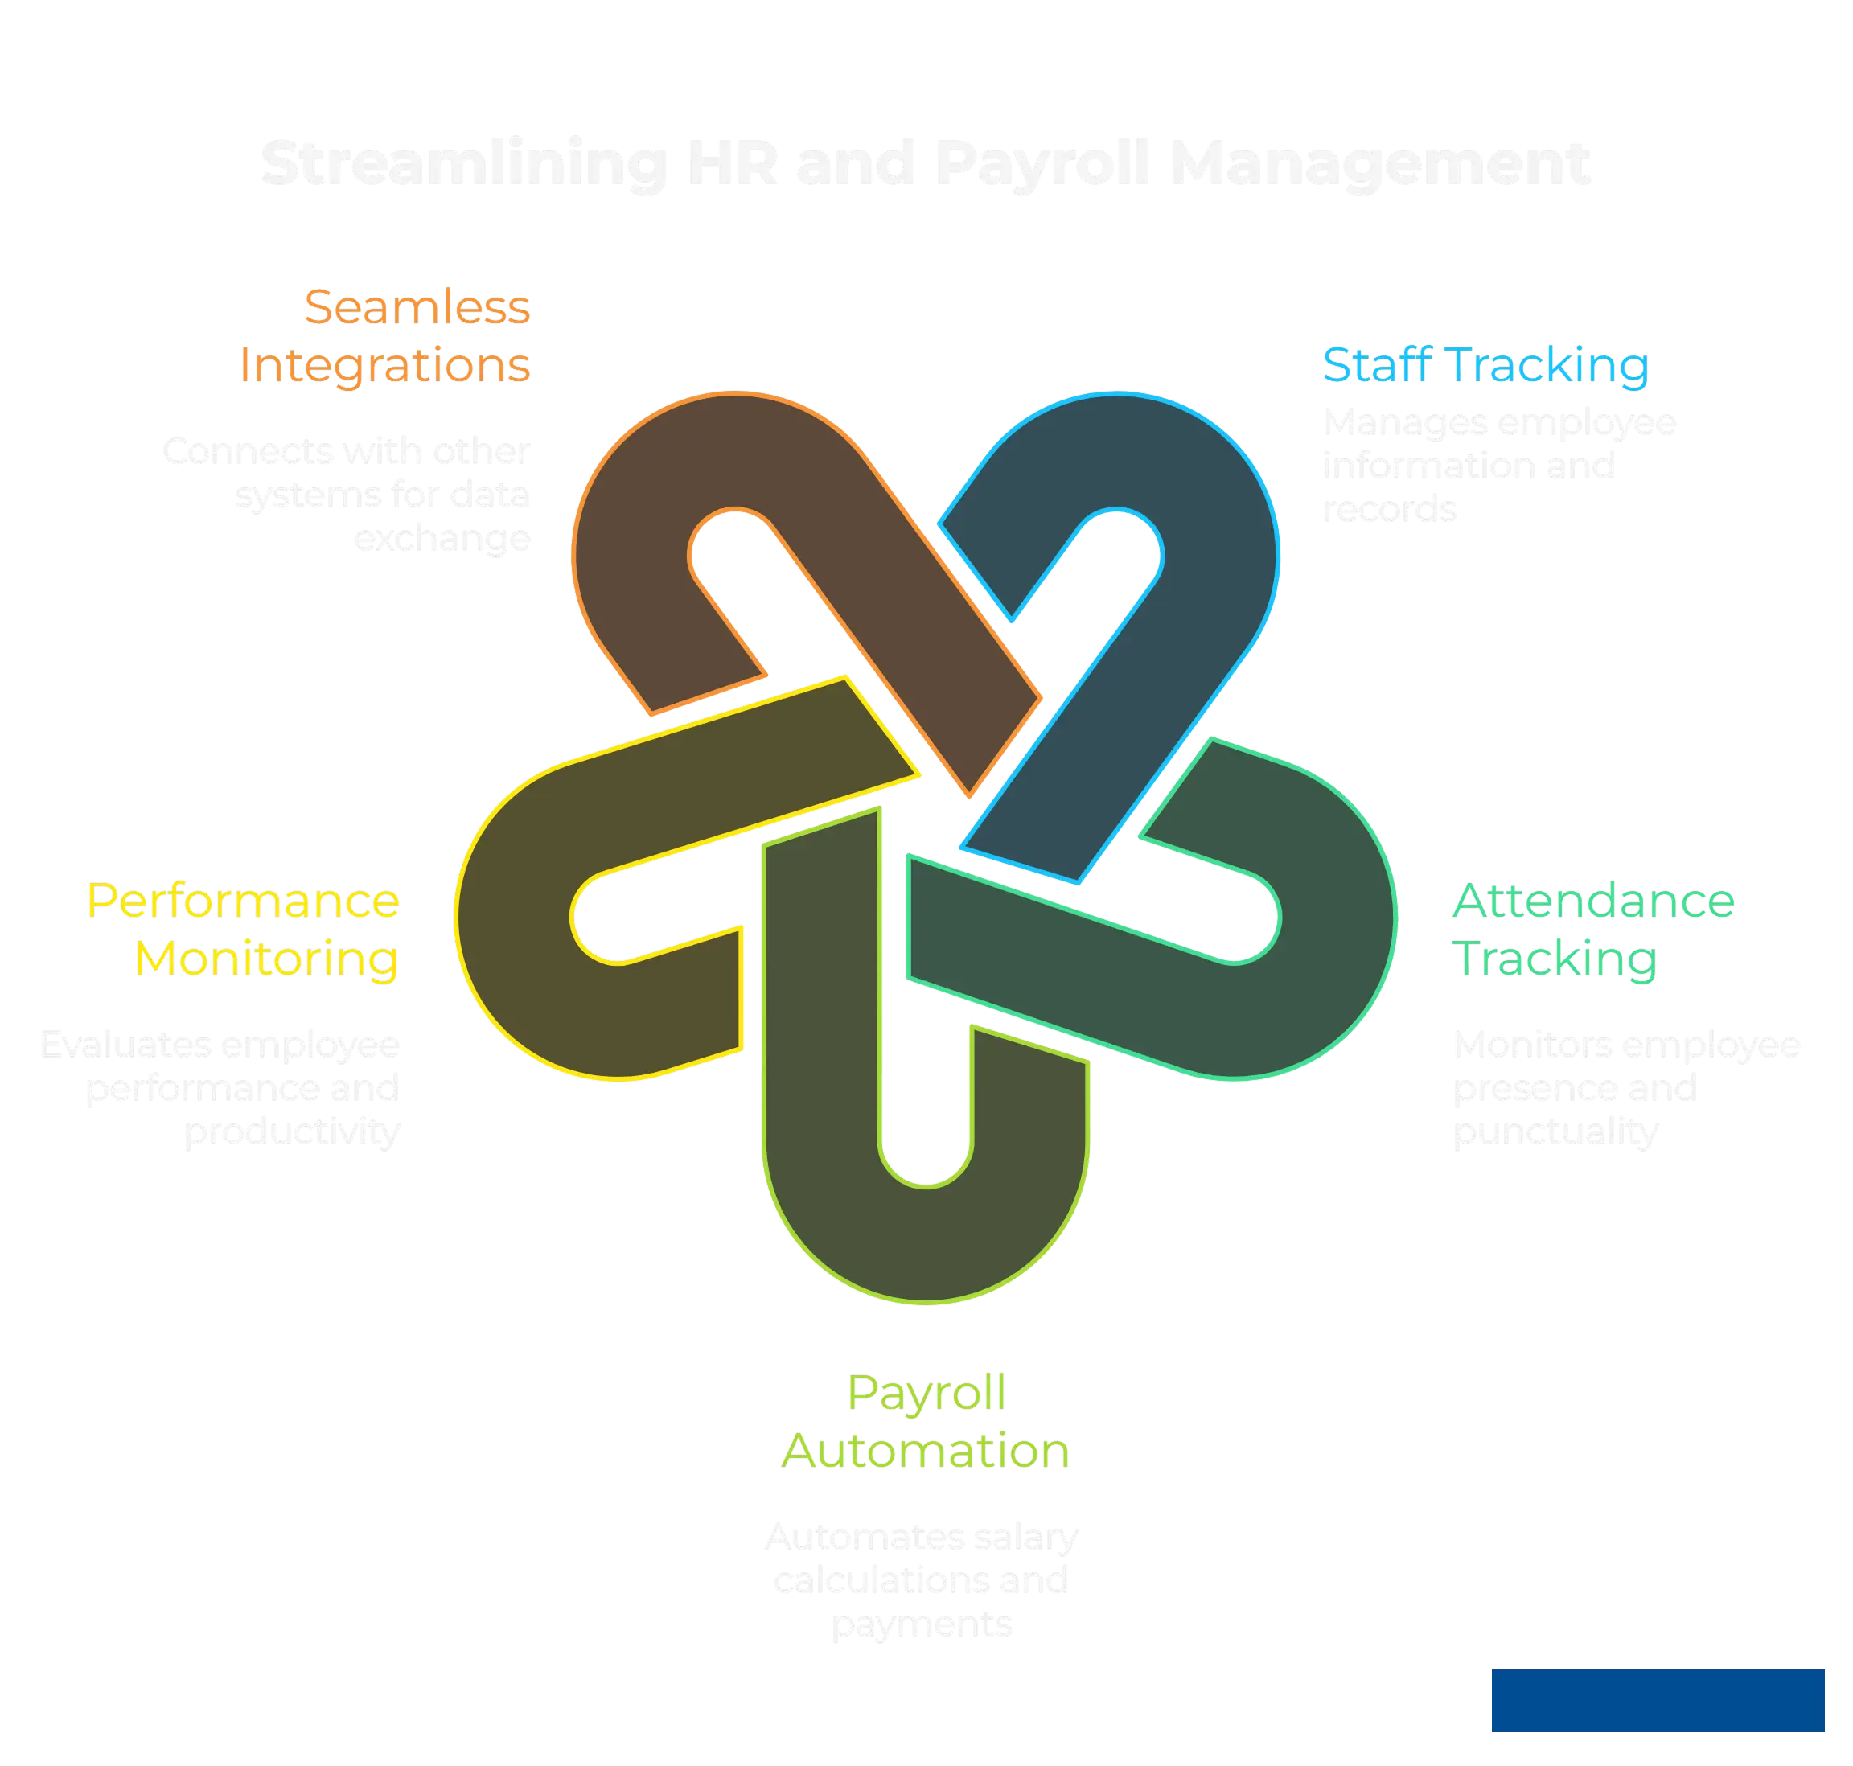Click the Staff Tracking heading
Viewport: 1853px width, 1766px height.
pyautogui.click(x=1485, y=365)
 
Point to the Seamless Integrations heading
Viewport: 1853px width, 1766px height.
pyautogui.click(x=384, y=337)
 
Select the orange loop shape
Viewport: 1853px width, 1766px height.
pyautogui.click(x=640, y=528)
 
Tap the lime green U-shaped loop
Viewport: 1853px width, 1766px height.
pyautogui.click(x=927, y=1242)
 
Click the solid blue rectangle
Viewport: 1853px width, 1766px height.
pyautogui.click(x=1656, y=1700)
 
